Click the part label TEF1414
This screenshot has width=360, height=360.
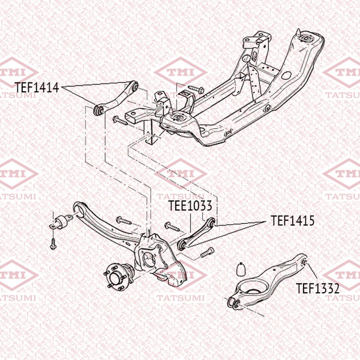click(37, 87)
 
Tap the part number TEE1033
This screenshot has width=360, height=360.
click(190, 206)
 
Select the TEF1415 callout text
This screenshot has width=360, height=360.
click(292, 221)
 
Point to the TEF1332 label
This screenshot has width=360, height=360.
click(318, 288)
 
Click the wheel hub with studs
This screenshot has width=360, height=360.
click(118, 276)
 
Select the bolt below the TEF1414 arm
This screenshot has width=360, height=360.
click(120, 121)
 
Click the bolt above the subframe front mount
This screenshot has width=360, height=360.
click(195, 89)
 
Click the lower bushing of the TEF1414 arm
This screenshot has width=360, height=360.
click(99, 110)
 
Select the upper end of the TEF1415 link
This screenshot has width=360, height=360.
click(212, 222)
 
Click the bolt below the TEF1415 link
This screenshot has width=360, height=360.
click(207, 252)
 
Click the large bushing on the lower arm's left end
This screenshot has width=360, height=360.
click(234, 303)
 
